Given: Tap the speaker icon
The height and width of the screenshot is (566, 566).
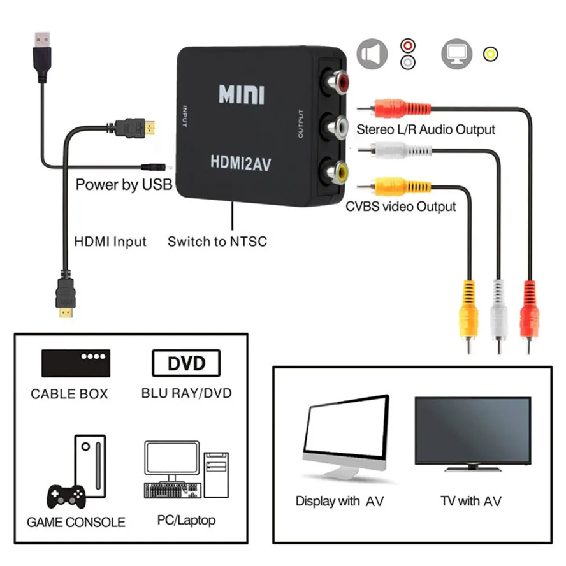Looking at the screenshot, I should coord(372,54).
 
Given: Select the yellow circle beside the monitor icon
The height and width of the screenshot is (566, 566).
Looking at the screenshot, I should coord(490,54).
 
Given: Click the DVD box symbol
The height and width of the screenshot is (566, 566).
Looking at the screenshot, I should coord(186,364).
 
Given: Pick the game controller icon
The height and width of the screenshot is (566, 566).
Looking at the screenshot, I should coord(64,495).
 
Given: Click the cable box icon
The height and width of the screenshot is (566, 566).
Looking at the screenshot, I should coord(75,363).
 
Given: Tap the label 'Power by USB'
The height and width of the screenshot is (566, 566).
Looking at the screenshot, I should coord(124,185).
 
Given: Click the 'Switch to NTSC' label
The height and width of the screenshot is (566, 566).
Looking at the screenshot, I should coord(217,242).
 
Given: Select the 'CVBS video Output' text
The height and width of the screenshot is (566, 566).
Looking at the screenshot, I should coord(401,207).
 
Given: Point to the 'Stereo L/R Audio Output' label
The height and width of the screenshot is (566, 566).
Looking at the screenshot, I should coord(426,129).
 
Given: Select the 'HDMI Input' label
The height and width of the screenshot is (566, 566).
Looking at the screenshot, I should coord(110,242).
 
